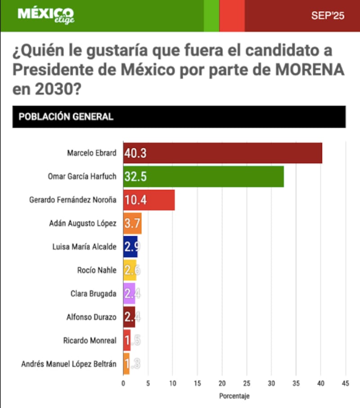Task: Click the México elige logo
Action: click(46, 15)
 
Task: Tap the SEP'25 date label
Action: click(328, 16)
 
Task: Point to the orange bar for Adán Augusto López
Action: click(132, 223)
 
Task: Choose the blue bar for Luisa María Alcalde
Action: click(130, 247)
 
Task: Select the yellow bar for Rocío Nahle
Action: click(130, 270)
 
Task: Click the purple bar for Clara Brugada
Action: click(129, 294)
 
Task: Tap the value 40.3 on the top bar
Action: click(136, 153)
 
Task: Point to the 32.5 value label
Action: click(135, 177)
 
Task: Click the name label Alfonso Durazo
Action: click(91, 317)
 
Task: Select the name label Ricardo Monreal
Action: click(90, 340)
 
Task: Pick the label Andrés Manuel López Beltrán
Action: click(69, 364)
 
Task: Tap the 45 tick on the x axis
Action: click(346, 383)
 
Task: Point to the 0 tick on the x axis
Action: click(123, 383)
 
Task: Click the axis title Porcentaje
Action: click(234, 396)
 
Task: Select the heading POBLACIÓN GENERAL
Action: click(66, 117)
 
